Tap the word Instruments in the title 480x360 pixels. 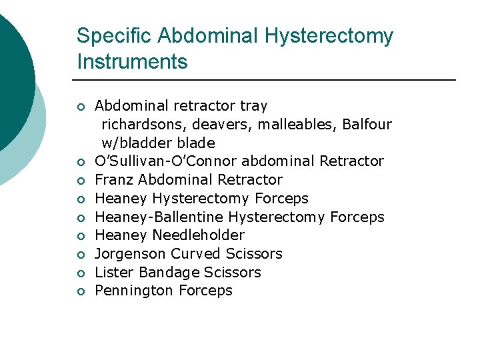[x=132, y=62]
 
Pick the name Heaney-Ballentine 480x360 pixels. [x=159, y=217]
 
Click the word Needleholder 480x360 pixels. [x=199, y=235]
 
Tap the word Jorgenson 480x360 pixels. [x=131, y=253]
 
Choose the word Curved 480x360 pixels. [x=195, y=253]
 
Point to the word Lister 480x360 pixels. [x=111, y=272]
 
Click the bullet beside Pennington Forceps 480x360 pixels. [x=79, y=291]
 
